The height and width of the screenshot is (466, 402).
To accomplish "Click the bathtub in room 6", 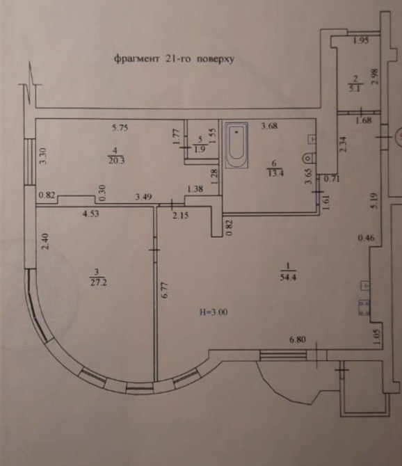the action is pos(236,145).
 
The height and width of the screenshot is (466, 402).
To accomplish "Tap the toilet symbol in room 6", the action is pos(309,158).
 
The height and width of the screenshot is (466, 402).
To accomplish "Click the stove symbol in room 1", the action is pos(364,308).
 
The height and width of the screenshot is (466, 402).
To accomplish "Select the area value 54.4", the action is pos(288,278).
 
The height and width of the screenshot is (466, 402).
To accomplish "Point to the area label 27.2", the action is pos(98,282).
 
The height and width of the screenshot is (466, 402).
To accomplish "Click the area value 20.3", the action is pos(116,161).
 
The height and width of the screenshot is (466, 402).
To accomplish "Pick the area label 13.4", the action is pos(275,172).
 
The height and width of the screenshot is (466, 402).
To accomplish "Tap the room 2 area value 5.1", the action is pos(355,88).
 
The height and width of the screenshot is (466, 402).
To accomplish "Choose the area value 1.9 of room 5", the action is pos(200,149).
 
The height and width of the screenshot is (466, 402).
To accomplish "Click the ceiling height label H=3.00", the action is pos(214,312).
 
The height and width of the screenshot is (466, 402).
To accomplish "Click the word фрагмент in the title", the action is pos(137,58).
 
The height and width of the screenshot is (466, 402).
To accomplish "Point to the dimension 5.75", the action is pos(120,128).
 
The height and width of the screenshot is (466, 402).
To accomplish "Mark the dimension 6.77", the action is pos(166,290).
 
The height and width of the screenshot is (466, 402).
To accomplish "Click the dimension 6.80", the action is pos(298,339).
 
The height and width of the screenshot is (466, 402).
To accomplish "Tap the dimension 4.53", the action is pos(90,214).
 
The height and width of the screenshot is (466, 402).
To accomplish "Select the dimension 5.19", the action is pos(374,201).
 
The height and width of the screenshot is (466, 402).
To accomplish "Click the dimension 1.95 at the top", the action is pos(361,40).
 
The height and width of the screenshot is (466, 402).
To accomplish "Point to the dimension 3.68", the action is pos(269,126).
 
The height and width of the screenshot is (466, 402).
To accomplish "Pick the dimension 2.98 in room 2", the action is pos(375,77).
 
